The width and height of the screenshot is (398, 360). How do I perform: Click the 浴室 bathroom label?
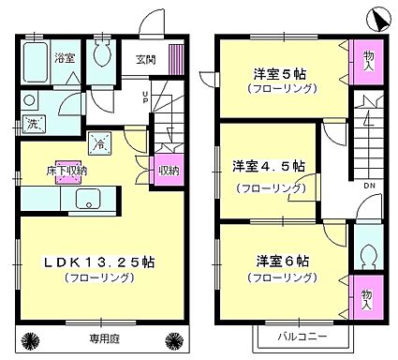(64, 58)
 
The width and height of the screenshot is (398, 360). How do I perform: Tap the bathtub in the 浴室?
(35, 62)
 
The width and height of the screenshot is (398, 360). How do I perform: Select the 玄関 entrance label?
(146, 60)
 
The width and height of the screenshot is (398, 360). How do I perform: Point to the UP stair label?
(145, 97)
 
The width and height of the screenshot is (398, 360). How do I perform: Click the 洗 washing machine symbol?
(32, 124)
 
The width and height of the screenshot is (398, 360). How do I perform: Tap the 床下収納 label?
(67, 172)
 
